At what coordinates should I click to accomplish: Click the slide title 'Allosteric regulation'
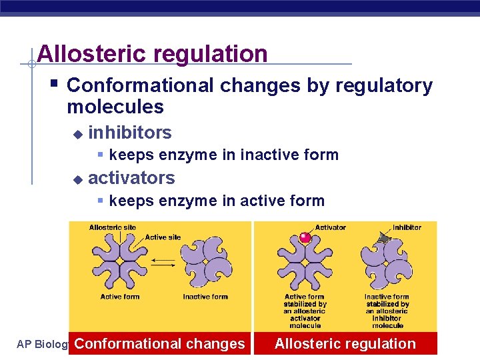click(x=153, y=53)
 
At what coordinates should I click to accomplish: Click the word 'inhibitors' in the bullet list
click(x=129, y=133)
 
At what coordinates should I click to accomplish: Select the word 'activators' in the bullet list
click(x=131, y=178)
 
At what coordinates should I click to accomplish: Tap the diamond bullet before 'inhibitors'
click(x=77, y=134)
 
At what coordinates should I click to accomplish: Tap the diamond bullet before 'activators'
click(x=77, y=179)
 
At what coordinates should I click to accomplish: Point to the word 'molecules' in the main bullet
click(x=115, y=107)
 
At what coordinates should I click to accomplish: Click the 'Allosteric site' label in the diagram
click(x=112, y=228)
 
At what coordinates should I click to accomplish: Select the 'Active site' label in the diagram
click(x=163, y=237)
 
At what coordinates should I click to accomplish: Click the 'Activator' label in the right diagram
click(x=330, y=228)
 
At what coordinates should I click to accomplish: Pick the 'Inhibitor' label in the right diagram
click(x=407, y=228)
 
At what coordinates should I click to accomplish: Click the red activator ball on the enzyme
click(x=305, y=237)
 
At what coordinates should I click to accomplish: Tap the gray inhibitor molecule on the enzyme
click(x=383, y=237)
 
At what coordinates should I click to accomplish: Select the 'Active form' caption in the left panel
click(x=120, y=297)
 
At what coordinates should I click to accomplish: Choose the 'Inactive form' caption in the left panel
click(x=205, y=297)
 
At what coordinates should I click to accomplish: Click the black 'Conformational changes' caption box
click(x=160, y=344)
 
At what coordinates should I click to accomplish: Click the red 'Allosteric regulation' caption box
click(x=345, y=344)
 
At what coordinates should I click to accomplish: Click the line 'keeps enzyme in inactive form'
click(x=223, y=155)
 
